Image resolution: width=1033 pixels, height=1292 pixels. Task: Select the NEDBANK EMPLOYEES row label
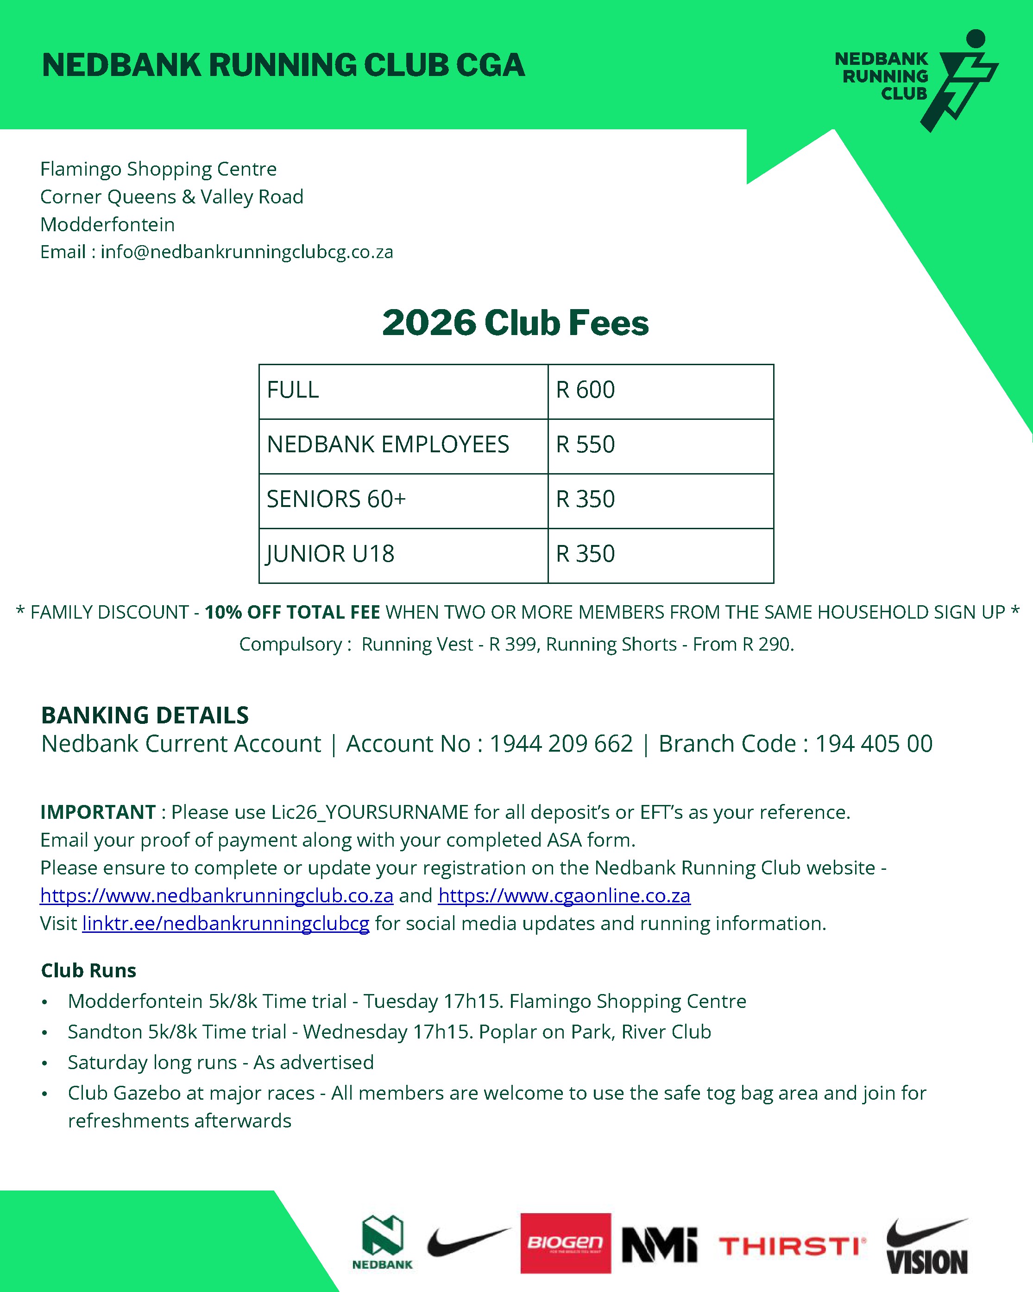pos(388,445)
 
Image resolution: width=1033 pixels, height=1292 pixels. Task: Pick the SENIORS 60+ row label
pos(336,499)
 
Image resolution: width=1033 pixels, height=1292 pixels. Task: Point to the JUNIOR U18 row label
pos(330,554)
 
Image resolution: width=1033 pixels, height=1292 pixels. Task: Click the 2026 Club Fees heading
pos(515,323)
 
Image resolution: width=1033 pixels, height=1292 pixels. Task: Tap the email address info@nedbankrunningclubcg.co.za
pos(246,252)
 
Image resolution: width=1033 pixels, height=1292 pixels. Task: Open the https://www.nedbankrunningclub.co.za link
pos(216,895)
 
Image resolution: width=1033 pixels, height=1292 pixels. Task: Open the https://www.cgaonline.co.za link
pos(564,895)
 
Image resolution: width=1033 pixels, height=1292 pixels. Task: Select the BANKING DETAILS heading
pos(145,715)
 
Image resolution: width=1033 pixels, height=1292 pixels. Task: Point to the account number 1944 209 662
pos(561,744)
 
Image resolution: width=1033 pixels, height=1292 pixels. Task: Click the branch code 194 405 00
pos(873,744)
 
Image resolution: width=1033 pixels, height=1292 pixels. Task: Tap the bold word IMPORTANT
pos(98,812)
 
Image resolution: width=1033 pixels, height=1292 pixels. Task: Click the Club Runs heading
pos(88,970)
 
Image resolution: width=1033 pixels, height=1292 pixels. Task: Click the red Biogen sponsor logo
pos(565,1243)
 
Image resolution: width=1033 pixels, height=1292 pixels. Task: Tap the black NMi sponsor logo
pos(659,1245)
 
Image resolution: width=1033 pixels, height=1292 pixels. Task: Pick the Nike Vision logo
pos(926,1247)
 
